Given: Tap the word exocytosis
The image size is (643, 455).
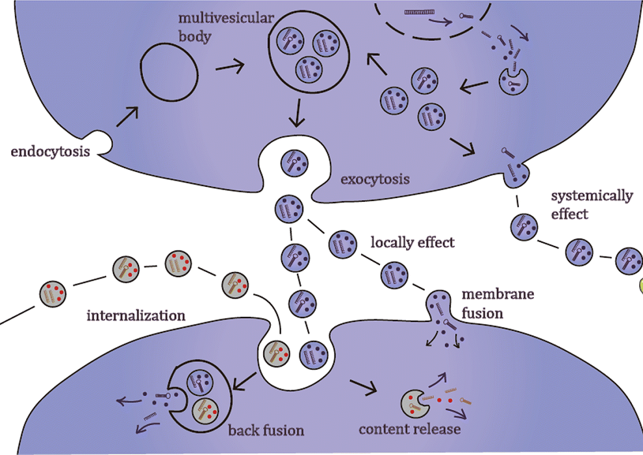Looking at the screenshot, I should pyautogui.click(x=375, y=178).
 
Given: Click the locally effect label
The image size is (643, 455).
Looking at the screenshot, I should pyautogui.click(x=412, y=243).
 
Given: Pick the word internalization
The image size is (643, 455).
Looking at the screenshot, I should pyautogui.click(x=136, y=315).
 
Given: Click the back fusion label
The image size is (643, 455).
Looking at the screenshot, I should pyautogui.click(x=266, y=430).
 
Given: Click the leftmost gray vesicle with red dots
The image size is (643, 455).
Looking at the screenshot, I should pyautogui.click(x=53, y=293).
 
